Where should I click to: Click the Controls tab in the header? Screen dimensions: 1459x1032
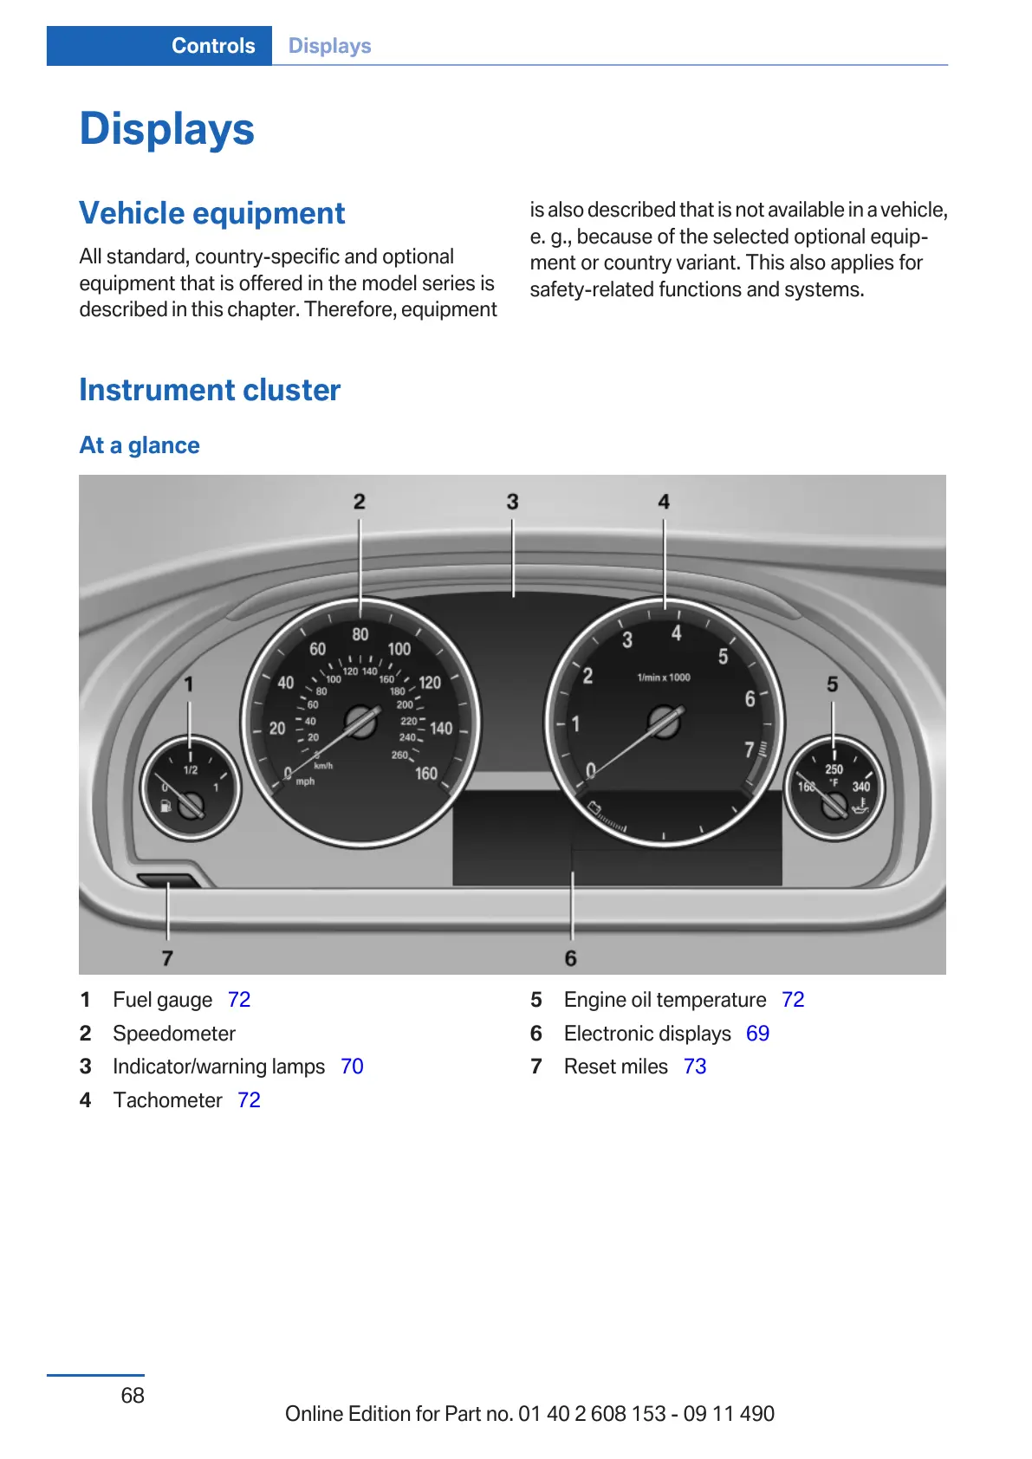tap(212, 46)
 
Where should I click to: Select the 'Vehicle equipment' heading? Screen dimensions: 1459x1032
tap(211, 213)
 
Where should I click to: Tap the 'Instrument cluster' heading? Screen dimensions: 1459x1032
tap(210, 390)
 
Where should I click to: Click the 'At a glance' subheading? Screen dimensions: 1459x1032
tap(140, 445)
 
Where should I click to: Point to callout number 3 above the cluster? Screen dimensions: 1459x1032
tap(512, 502)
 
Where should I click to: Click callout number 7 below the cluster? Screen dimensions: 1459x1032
tap(167, 957)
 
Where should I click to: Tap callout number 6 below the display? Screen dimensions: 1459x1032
tap(570, 958)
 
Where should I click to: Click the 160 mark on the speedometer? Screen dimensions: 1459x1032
tap(425, 773)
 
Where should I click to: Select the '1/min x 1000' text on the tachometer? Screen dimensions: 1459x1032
tap(664, 678)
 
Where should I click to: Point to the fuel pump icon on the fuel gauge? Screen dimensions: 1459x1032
tap(165, 807)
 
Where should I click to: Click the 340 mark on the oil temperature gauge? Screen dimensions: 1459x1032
tap(860, 787)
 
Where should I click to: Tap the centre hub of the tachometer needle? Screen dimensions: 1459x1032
tap(665, 722)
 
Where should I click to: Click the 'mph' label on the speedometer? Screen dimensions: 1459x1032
tap(305, 781)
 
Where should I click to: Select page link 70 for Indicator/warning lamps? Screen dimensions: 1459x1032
tap(352, 1067)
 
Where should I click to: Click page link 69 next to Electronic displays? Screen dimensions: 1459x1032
tap(757, 1034)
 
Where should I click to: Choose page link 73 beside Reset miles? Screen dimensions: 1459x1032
tap(695, 1067)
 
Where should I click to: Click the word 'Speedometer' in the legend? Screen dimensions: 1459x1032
tap(174, 1034)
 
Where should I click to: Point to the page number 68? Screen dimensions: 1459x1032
tap(133, 1395)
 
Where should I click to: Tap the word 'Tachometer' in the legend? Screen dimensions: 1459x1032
tap(168, 1100)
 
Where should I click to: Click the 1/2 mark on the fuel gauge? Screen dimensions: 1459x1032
tap(190, 769)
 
